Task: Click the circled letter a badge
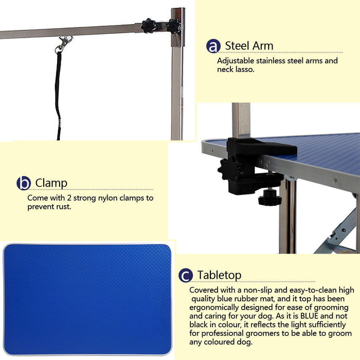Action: coord(213,46)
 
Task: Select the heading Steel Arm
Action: coord(249,46)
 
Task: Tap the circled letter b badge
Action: coord(24,183)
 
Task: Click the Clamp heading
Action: coord(51,183)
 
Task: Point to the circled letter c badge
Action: coord(186,276)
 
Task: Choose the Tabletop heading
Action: coord(219,275)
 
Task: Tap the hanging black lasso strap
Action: coord(58,93)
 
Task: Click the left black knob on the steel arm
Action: coord(149,25)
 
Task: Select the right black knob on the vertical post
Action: coord(173,25)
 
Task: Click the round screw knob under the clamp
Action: coord(269,197)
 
